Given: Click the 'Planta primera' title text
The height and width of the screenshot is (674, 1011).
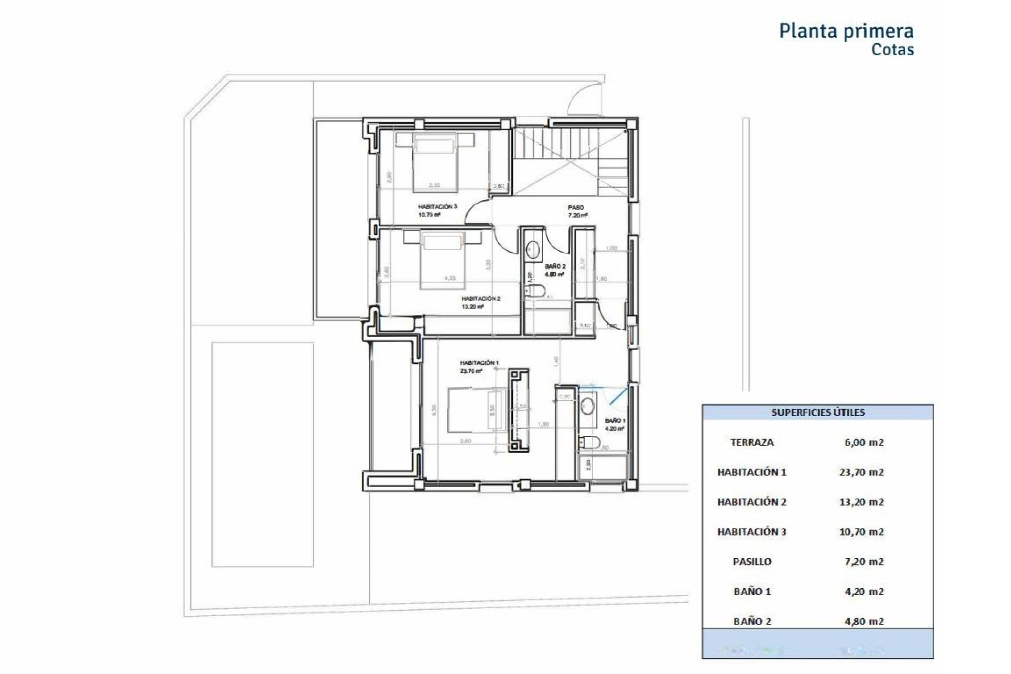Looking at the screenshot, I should [x=846, y=31].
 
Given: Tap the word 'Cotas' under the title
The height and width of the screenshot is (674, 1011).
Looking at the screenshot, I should [x=892, y=50].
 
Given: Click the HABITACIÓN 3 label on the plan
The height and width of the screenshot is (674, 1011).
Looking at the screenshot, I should [x=437, y=207].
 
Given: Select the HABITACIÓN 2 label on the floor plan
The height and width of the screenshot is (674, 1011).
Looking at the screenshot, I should [x=480, y=299].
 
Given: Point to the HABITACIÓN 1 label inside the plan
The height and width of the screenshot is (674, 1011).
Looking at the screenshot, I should [x=479, y=363].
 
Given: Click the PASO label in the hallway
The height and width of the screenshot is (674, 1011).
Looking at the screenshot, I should [x=576, y=207].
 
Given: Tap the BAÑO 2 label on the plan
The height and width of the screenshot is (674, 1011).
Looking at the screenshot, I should [x=555, y=266].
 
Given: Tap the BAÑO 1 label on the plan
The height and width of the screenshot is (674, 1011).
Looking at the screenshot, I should [x=614, y=421].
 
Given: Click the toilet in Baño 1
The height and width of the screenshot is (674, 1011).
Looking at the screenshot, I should [x=589, y=443].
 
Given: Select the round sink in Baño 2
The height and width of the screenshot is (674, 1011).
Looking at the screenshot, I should [x=533, y=249].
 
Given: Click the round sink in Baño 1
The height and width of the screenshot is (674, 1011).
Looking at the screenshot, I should [x=588, y=406].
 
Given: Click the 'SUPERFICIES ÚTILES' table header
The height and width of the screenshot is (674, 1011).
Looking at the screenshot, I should [x=817, y=412].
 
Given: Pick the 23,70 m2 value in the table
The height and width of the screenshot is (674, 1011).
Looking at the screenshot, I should [x=861, y=472].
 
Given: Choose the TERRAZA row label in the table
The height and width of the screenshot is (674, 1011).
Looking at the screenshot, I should [x=751, y=442].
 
